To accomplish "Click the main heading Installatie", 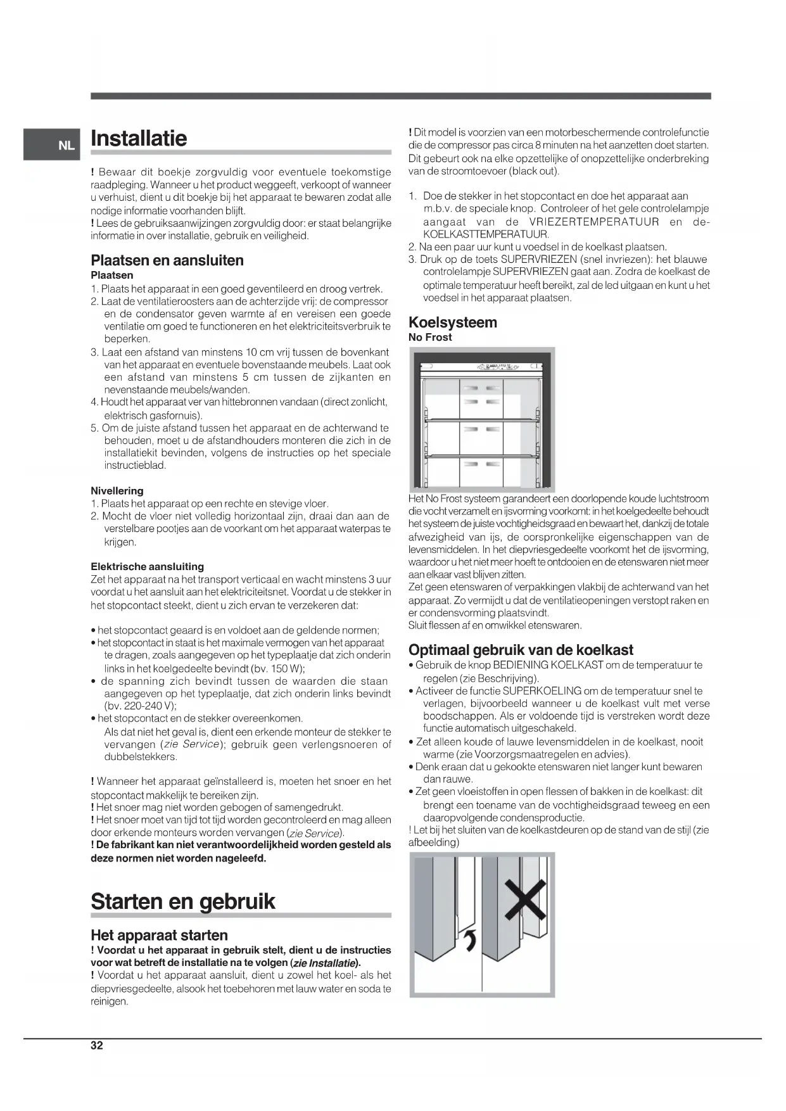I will point(139,138).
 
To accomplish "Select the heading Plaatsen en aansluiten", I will point(167,260).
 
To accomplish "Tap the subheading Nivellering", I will point(117,491).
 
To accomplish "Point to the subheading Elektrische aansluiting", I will point(147,566).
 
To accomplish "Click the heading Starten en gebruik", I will point(183,901).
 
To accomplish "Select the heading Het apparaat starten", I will point(159,935).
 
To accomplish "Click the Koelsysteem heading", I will point(452,322).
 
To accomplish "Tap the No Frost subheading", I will point(430,337).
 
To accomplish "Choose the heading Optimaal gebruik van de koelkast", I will point(521,650).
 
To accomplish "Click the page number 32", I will point(96,1045).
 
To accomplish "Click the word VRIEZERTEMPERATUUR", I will point(594,222).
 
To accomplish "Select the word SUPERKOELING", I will point(542,691).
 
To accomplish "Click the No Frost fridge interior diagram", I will point(481,419).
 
